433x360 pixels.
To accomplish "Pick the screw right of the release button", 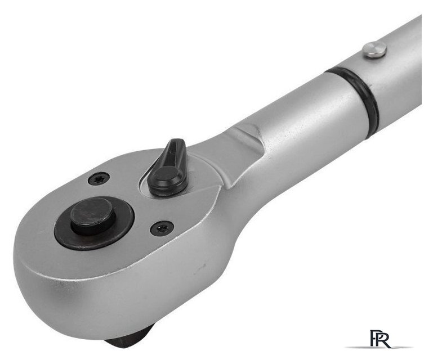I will pyautogui.click(x=162, y=228).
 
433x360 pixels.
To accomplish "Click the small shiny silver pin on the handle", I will pyautogui.click(x=374, y=49).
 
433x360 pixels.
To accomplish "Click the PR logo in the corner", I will pyautogui.click(x=380, y=338).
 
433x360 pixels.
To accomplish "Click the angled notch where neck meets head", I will pyautogui.click(x=248, y=141).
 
